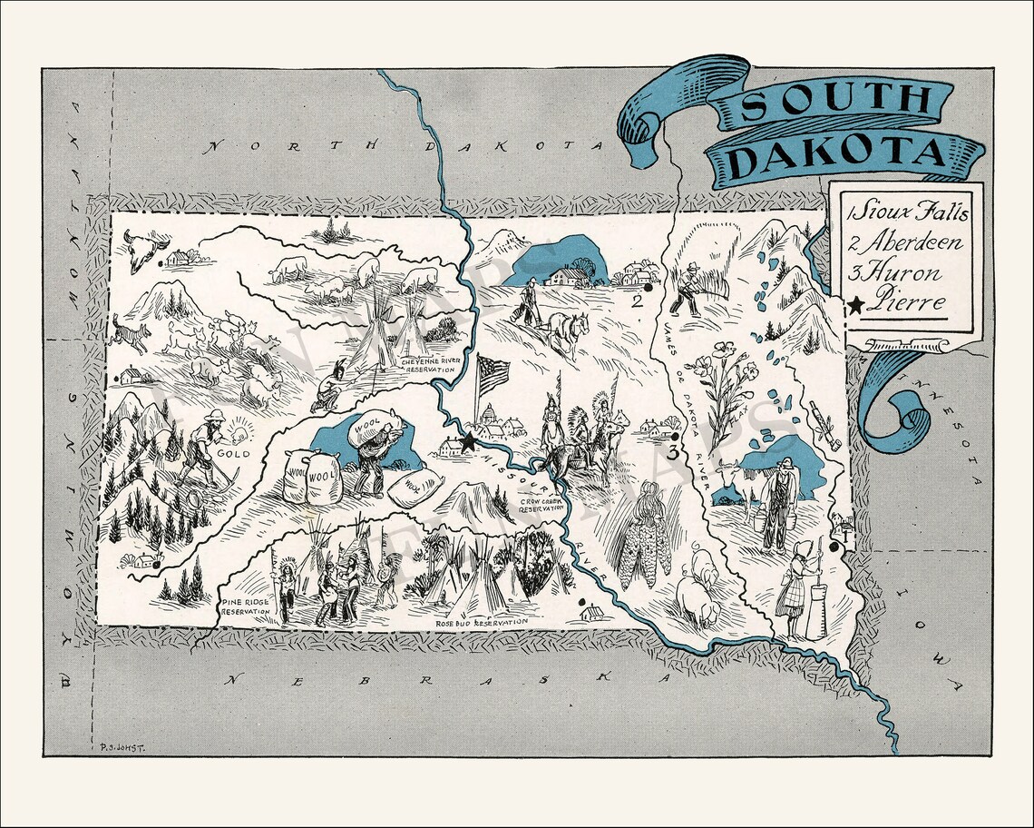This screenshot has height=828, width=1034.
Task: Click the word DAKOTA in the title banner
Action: pyautogui.click(x=839, y=154)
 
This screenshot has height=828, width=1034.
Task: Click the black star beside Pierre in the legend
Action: pyautogui.click(x=855, y=305)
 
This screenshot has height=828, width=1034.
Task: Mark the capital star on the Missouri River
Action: pyautogui.click(x=468, y=442)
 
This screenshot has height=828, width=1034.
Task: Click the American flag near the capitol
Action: pyautogui.click(x=493, y=373)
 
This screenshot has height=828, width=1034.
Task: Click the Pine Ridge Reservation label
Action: pyautogui.click(x=245, y=606)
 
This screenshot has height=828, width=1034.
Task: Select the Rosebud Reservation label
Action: pyautogui.click(x=481, y=623)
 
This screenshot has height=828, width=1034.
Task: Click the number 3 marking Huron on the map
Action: pyautogui.click(x=672, y=451)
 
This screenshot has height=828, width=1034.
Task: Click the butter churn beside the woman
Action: pyautogui.click(x=815, y=606)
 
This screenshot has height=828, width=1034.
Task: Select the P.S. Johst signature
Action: pyautogui.click(x=119, y=747)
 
